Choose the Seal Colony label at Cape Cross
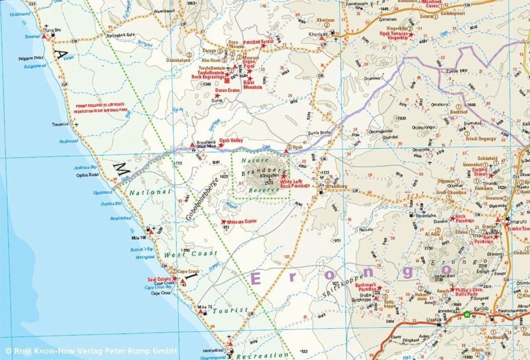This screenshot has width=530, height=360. click(159, 280)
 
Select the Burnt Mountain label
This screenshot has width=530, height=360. click(253, 85)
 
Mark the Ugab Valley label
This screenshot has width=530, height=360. click(234, 140)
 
